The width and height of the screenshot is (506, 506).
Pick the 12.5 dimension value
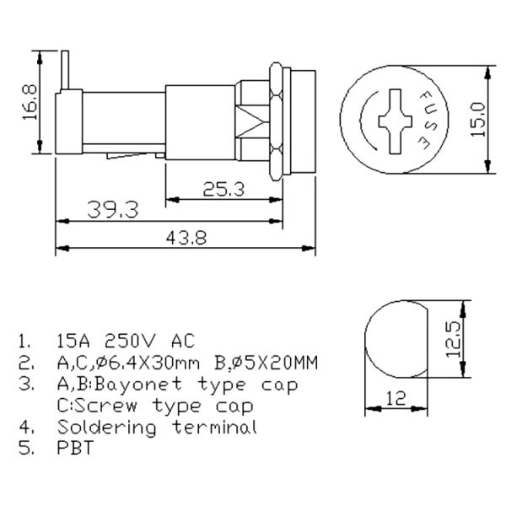coord(454,338)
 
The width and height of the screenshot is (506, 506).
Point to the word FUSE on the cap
coord(427,120)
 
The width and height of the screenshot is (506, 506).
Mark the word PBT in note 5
coord(74,449)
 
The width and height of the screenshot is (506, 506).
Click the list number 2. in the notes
coord(25,363)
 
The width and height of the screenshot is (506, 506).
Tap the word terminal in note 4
coord(212,427)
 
